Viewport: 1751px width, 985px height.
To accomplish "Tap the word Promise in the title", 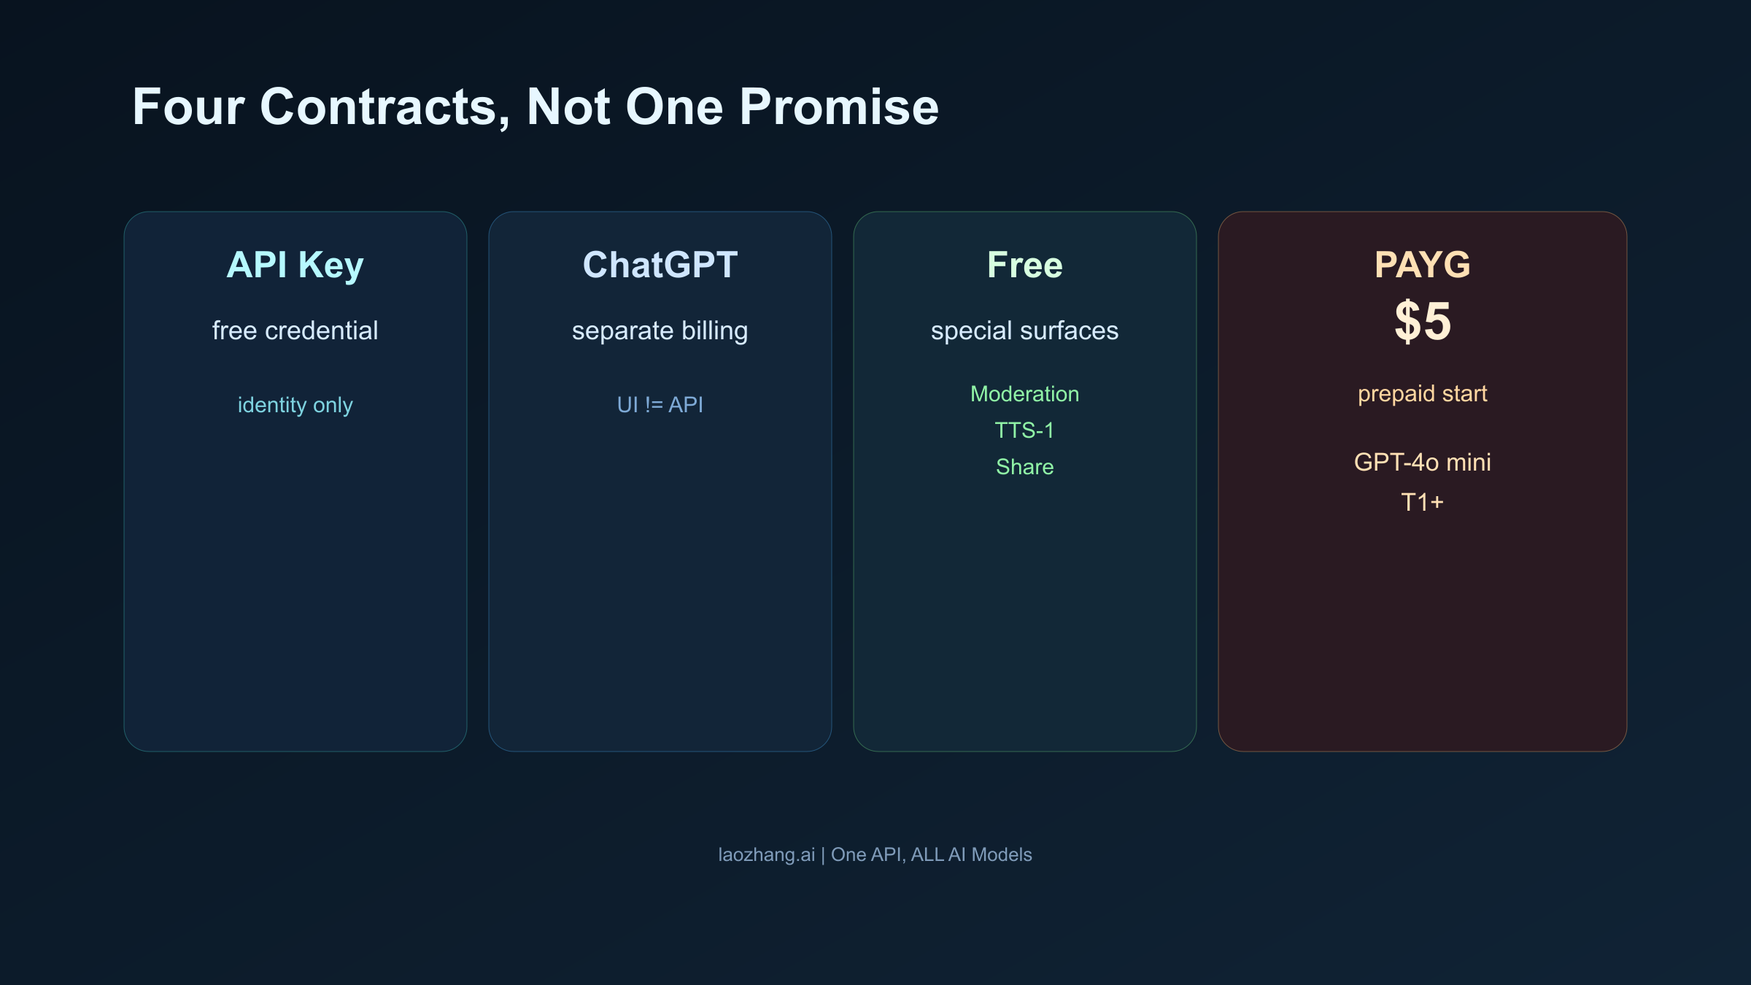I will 839,107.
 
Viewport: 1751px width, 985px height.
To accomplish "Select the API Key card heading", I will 295,265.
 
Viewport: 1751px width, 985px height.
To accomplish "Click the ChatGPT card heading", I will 660,265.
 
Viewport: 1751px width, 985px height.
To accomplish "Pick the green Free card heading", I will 1024,265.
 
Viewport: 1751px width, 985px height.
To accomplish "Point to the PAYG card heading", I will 1422,265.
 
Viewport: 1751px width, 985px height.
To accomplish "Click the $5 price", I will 1422,322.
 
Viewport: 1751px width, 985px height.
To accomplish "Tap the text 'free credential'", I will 295,331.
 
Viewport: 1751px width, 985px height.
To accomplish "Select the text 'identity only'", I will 295,405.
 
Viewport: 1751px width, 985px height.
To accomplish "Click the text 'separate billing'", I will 660,331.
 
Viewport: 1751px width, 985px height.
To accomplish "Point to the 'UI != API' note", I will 660,405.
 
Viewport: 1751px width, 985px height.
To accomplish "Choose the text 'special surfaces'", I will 1024,331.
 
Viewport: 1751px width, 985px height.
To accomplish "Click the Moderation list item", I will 1024,394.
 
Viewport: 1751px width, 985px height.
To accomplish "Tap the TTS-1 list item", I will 1024,430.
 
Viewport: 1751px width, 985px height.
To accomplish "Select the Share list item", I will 1024,467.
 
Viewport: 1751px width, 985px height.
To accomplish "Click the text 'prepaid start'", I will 1422,394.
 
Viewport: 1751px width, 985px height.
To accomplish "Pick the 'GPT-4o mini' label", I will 1422,463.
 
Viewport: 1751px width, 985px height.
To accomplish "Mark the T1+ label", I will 1422,502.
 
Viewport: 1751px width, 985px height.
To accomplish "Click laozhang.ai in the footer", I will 766,854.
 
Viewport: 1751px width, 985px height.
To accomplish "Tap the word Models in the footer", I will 1002,854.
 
